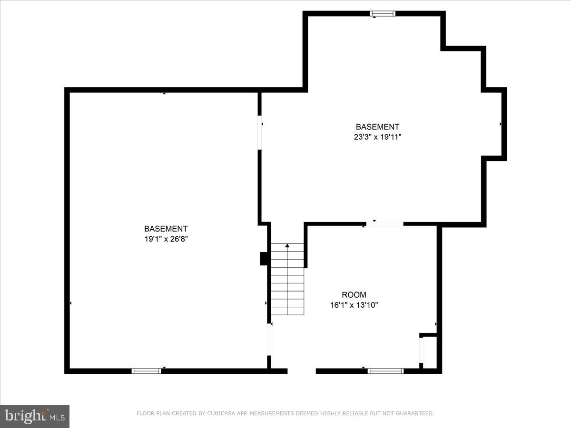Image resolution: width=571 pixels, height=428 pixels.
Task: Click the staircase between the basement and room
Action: tap(287, 281)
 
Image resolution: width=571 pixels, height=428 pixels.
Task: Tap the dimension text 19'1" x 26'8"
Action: tap(166, 239)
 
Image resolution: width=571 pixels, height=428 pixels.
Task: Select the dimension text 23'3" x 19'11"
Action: tap(377, 137)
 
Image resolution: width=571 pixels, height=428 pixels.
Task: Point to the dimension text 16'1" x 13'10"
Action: tap(354, 305)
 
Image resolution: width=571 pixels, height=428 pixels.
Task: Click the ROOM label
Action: tap(354, 295)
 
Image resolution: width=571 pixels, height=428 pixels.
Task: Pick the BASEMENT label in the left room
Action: tap(166, 229)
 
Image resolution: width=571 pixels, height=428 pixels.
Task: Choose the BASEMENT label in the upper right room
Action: tap(377, 127)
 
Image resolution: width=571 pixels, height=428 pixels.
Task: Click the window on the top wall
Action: tap(383, 14)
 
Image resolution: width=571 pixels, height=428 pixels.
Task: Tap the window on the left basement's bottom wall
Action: tap(146, 371)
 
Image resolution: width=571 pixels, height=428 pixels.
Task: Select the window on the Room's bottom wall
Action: tap(385, 371)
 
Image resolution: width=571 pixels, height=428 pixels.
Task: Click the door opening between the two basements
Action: tap(260, 133)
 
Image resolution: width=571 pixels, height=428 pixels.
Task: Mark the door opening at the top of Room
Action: tap(384, 224)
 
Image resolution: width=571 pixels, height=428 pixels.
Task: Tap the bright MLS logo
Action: tap(35, 416)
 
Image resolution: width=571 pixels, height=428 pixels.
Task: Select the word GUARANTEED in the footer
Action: tap(414, 414)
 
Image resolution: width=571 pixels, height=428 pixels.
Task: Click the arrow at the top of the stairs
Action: tap(287, 246)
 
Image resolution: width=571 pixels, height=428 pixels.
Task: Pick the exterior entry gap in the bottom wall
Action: tap(302, 371)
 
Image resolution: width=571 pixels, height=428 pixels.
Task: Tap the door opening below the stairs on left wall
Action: tap(269, 339)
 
